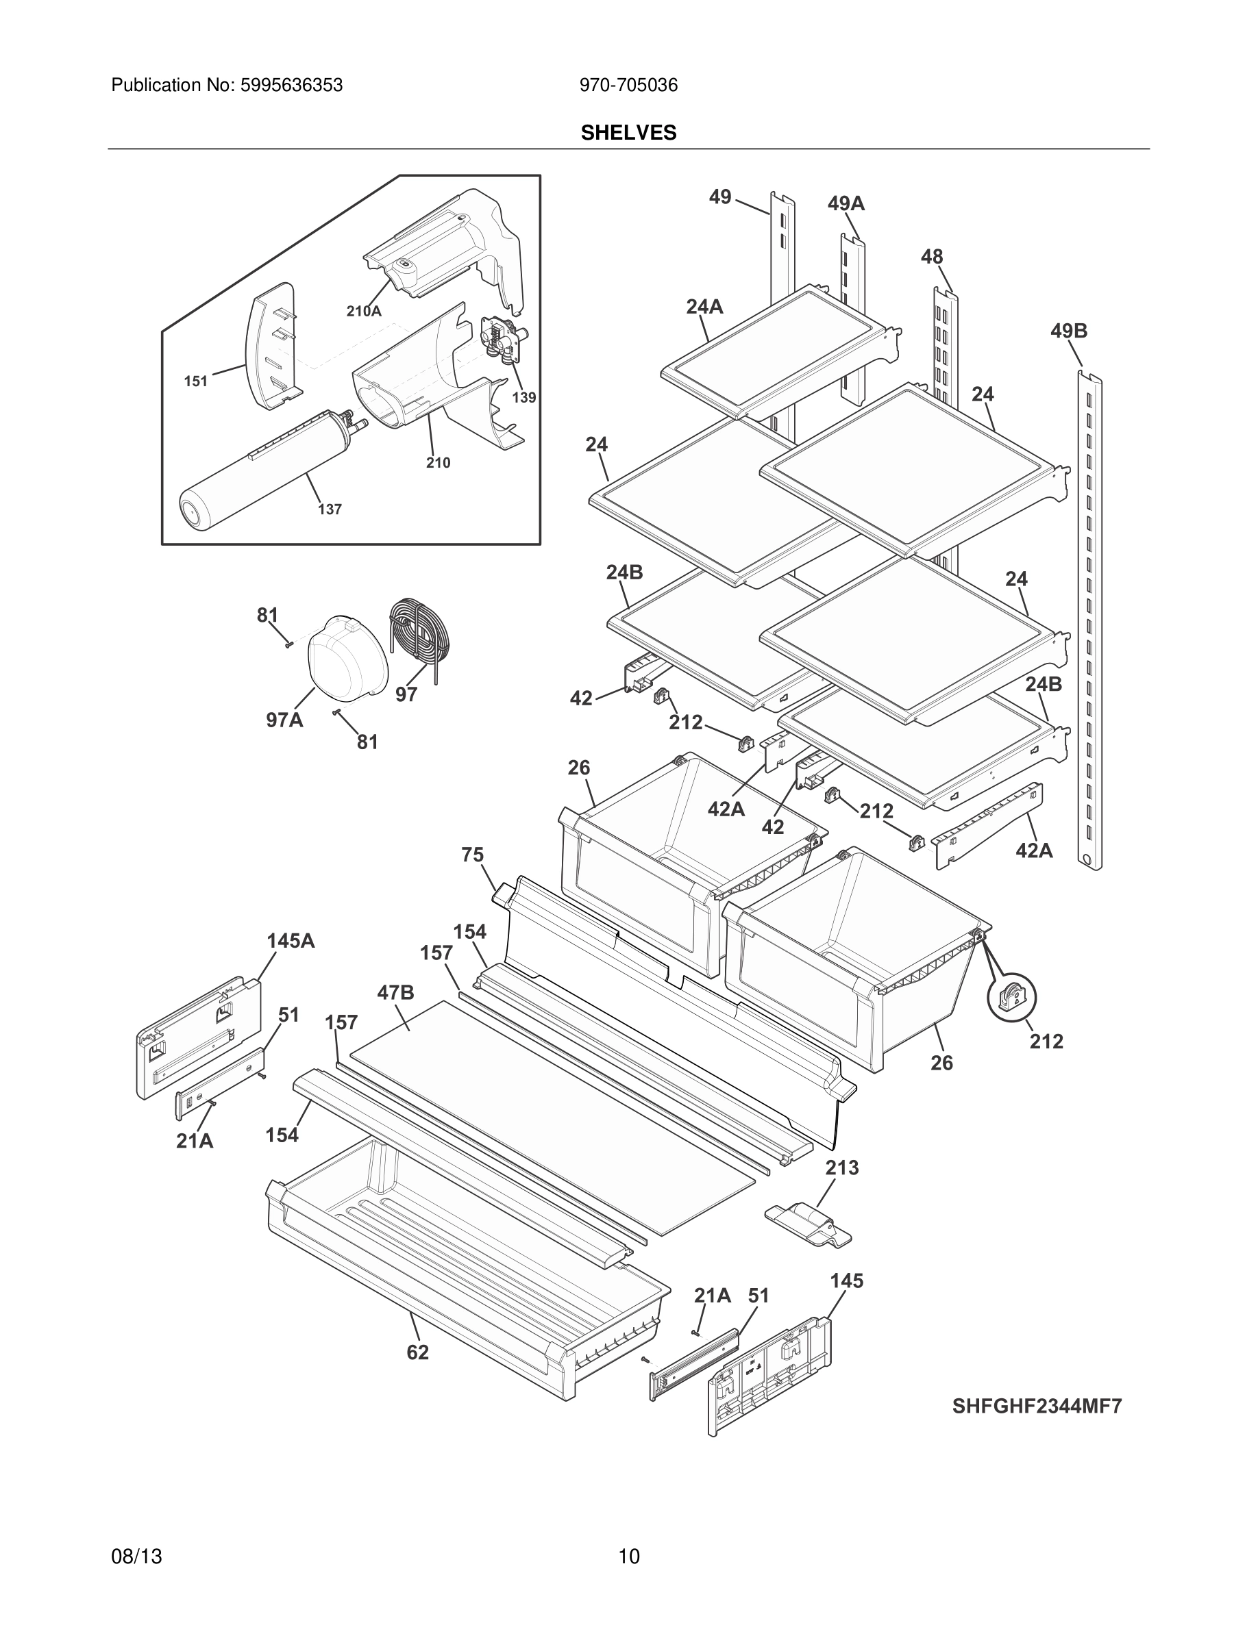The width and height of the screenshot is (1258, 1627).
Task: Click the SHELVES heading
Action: [x=628, y=133]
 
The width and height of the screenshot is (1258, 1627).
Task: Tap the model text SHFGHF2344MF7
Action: [x=1037, y=1406]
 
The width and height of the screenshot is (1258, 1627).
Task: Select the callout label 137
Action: [x=330, y=509]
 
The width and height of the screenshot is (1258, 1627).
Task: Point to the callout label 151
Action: [x=196, y=381]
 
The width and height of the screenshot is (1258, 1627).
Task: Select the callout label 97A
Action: [x=284, y=720]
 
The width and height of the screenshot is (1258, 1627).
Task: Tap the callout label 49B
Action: [x=1069, y=331]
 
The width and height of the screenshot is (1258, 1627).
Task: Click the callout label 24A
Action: [x=704, y=307]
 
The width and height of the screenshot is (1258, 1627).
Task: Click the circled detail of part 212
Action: [x=1011, y=997]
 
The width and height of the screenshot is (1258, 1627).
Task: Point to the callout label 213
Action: [x=841, y=1168]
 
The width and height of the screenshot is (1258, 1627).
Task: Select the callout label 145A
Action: [x=291, y=941]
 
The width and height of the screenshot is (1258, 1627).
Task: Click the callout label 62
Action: [x=417, y=1352]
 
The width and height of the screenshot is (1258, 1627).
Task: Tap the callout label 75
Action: [x=473, y=855]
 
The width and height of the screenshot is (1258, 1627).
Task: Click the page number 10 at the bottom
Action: [x=628, y=1556]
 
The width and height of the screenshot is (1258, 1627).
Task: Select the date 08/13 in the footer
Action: [x=136, y=1556]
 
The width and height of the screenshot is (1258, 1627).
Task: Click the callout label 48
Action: [x=932, y=257]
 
